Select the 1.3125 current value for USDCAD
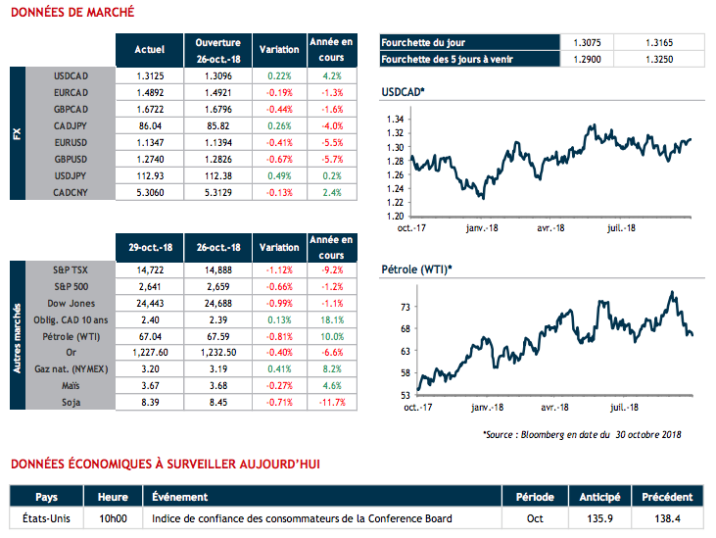(148, 75)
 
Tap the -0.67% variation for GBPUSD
(278, 159)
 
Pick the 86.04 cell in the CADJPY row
(148, 125)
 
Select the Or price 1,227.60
(148, 351)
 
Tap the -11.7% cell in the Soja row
(331, 401)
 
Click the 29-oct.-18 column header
(148, 247)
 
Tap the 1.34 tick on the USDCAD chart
(394, 118)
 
